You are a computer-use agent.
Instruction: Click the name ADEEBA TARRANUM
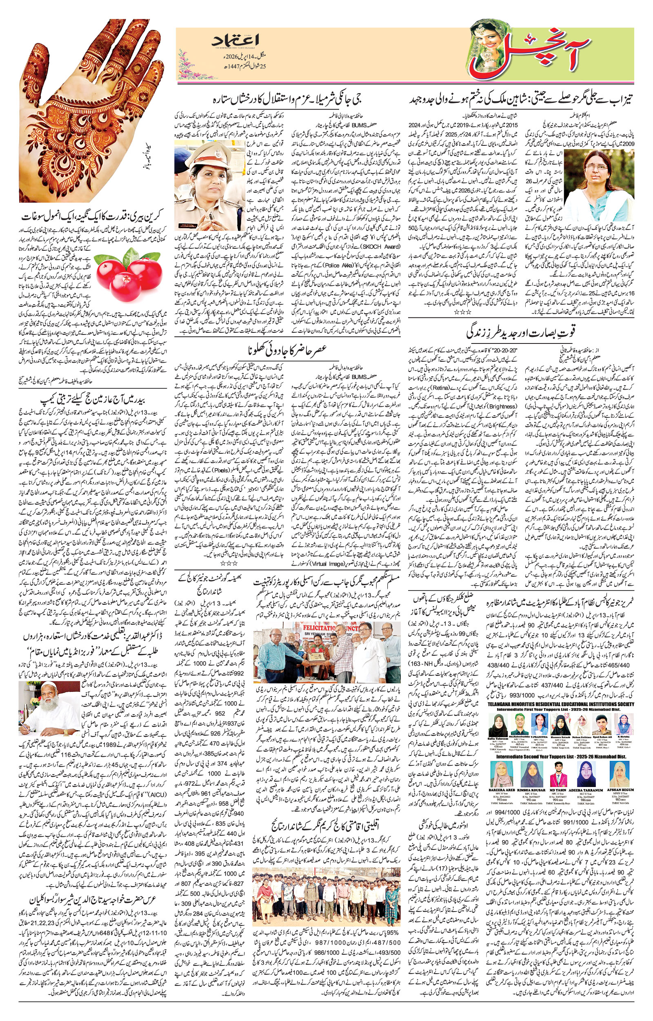coord(591,790)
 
